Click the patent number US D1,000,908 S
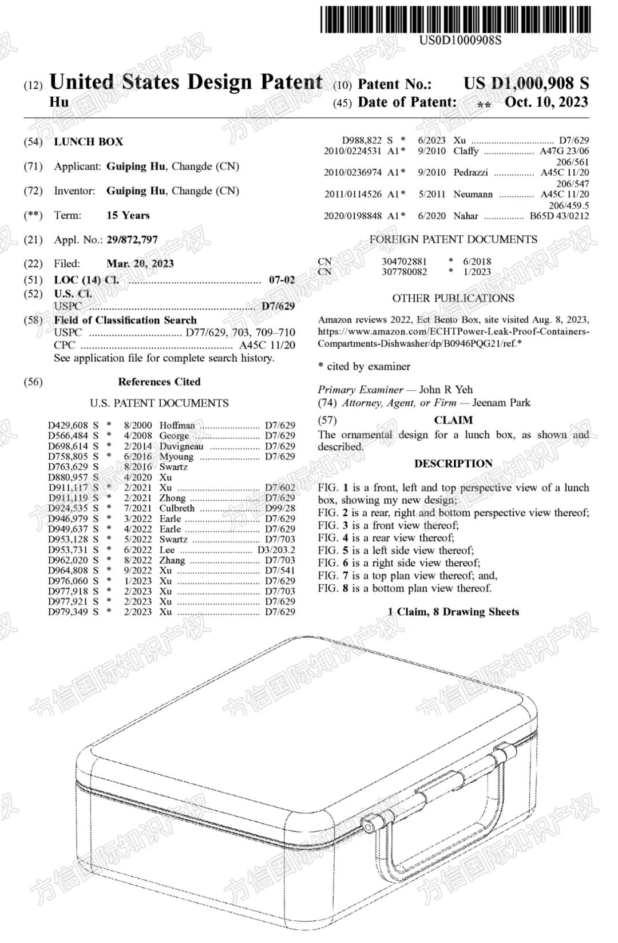526,84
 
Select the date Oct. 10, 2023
546,102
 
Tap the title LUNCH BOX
89,142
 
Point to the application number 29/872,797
132,240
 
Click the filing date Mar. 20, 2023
140,264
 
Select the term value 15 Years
128,216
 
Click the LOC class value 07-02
282,280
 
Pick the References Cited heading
159,382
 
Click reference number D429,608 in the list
68,425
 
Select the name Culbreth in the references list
177,508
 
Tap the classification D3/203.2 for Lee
276,550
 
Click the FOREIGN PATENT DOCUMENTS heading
453,240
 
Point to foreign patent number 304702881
404,261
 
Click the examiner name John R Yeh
446,390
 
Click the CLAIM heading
453,421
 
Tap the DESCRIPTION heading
453,464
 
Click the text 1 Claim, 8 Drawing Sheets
453,612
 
